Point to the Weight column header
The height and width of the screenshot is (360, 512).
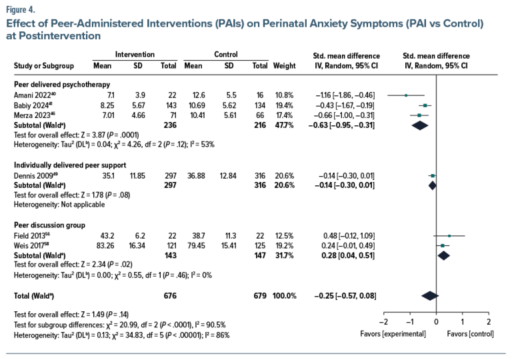(284, 66)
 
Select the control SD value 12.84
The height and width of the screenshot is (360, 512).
(229, 175)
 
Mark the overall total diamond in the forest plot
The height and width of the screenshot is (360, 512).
(429, 295)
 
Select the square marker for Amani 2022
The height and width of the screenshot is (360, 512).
(406, 95)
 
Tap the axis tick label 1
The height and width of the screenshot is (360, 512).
(462, 321)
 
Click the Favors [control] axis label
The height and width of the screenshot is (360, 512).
(469, 333)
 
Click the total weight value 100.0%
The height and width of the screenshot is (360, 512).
(283, 295)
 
